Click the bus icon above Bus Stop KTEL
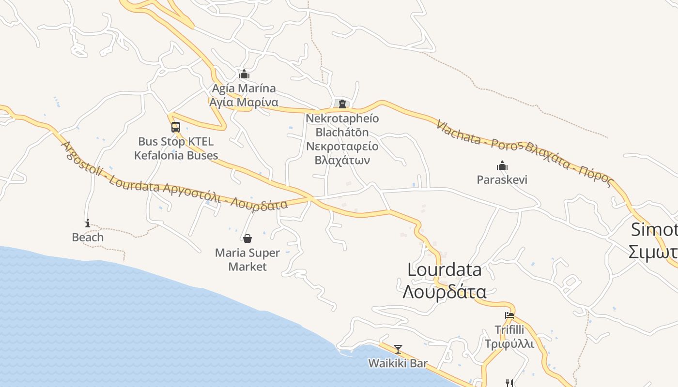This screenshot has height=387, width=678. (x=176, y=127)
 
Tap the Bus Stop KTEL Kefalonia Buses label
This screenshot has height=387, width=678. (x=176, y=149)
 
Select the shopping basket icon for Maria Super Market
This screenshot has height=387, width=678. (x=247, y=238)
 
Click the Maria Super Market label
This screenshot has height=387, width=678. (x=247, y=260)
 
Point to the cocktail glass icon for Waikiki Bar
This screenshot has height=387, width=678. (x=398, y=349)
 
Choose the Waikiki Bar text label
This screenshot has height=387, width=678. (x=398, y=363)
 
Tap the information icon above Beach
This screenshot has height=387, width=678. (x=88, y=223)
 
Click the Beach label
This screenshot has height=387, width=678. (x=88, y=238)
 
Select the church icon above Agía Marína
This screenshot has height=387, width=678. (x=244, y=74)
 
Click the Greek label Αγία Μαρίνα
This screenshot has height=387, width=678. (x=244, y=103)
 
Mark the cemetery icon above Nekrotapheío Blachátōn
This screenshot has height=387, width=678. (x=342, y=104)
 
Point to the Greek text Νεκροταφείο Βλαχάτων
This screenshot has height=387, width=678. (x=342, y=153)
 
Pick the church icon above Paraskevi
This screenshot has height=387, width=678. (x=502, y=166)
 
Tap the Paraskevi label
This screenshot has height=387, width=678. (x=502, y=180)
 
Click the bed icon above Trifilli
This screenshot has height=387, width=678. (x=509, y=315)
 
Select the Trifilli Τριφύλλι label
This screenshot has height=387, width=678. (x=509, y=337)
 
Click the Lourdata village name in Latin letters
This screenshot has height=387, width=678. (x=445, y=270)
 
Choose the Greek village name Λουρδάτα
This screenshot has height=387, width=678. (x=445, y=292)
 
